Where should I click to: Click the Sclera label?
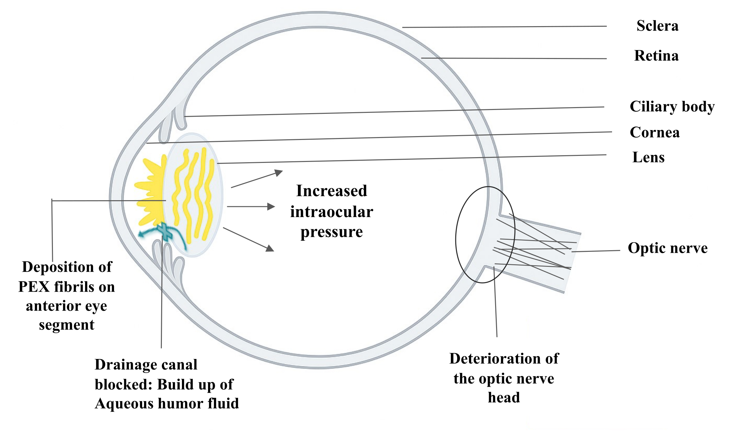tap(657, 26)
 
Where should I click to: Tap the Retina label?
tap(656, 56)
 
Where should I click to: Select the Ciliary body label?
tap(672, 106)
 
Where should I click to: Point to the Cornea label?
tap(655, 132)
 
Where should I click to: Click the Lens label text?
tap(648, 157)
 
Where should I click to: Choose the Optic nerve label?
tap(667, 248)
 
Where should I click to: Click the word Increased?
tap(332, 191)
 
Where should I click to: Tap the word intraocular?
tap(332, 212)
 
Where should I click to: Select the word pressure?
tap(332, 232)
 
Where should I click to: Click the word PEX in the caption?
tap(34, 287)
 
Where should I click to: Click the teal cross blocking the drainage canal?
tap(164, 231)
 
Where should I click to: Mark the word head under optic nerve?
tap(504, 398)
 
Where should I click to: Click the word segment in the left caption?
tap(67, 325)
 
